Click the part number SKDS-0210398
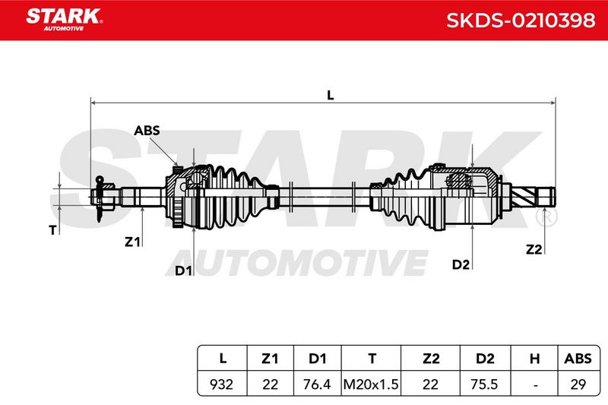coord(521,21)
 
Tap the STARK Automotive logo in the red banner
coord(65,20)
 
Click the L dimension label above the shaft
coord(331,95)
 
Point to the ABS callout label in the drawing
coord(147,131)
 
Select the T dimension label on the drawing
coord(52,230)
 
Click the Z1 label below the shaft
coord(132,242)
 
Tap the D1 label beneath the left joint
coord(183,271)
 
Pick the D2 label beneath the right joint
coord(461,264)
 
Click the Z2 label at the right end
coord(534,249)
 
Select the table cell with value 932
coord(221,384)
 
